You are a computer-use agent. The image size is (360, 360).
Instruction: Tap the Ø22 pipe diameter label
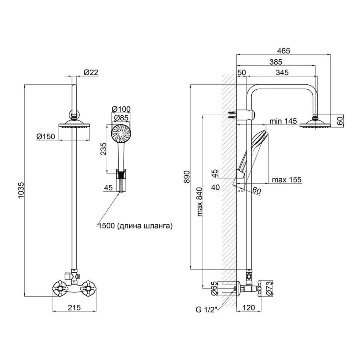click(x=91, y=72)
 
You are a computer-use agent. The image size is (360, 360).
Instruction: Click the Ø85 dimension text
click(x=121, y=118)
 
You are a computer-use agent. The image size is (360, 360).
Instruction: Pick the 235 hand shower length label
click(x=103, y=148)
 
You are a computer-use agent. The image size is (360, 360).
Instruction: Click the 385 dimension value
click(x=276, y=62)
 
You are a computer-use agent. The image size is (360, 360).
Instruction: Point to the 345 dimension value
click(x=282, y=72)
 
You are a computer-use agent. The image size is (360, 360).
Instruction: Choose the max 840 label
click(x=200, y=202)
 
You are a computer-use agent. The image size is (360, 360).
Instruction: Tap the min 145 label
click(x=283, y=121)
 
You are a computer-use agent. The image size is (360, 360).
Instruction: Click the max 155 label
click(x=286, y=180)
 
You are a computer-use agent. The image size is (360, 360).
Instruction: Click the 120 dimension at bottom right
click(x=249, y=308)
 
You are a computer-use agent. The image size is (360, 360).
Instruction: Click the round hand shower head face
click(x=120, y=133)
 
